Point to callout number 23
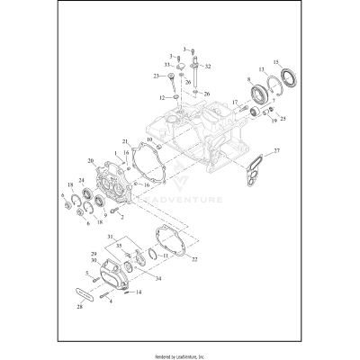tap(157, 76)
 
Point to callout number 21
tap(127, 141)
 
